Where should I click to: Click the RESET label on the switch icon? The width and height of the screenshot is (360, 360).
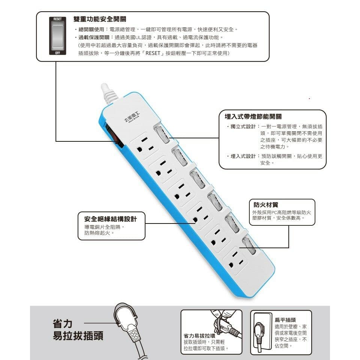57,18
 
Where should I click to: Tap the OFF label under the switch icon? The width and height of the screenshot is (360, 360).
57,53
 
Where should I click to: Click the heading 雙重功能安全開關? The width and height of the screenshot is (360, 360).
100,19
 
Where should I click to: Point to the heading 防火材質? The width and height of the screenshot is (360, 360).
265,205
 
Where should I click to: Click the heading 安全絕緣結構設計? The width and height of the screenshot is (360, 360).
110,219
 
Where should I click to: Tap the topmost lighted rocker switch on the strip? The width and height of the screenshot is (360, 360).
161,135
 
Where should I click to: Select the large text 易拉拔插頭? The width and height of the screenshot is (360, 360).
78,336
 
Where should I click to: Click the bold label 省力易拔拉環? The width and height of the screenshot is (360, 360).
199,336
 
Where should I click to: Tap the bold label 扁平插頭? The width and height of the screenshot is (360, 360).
285,320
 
